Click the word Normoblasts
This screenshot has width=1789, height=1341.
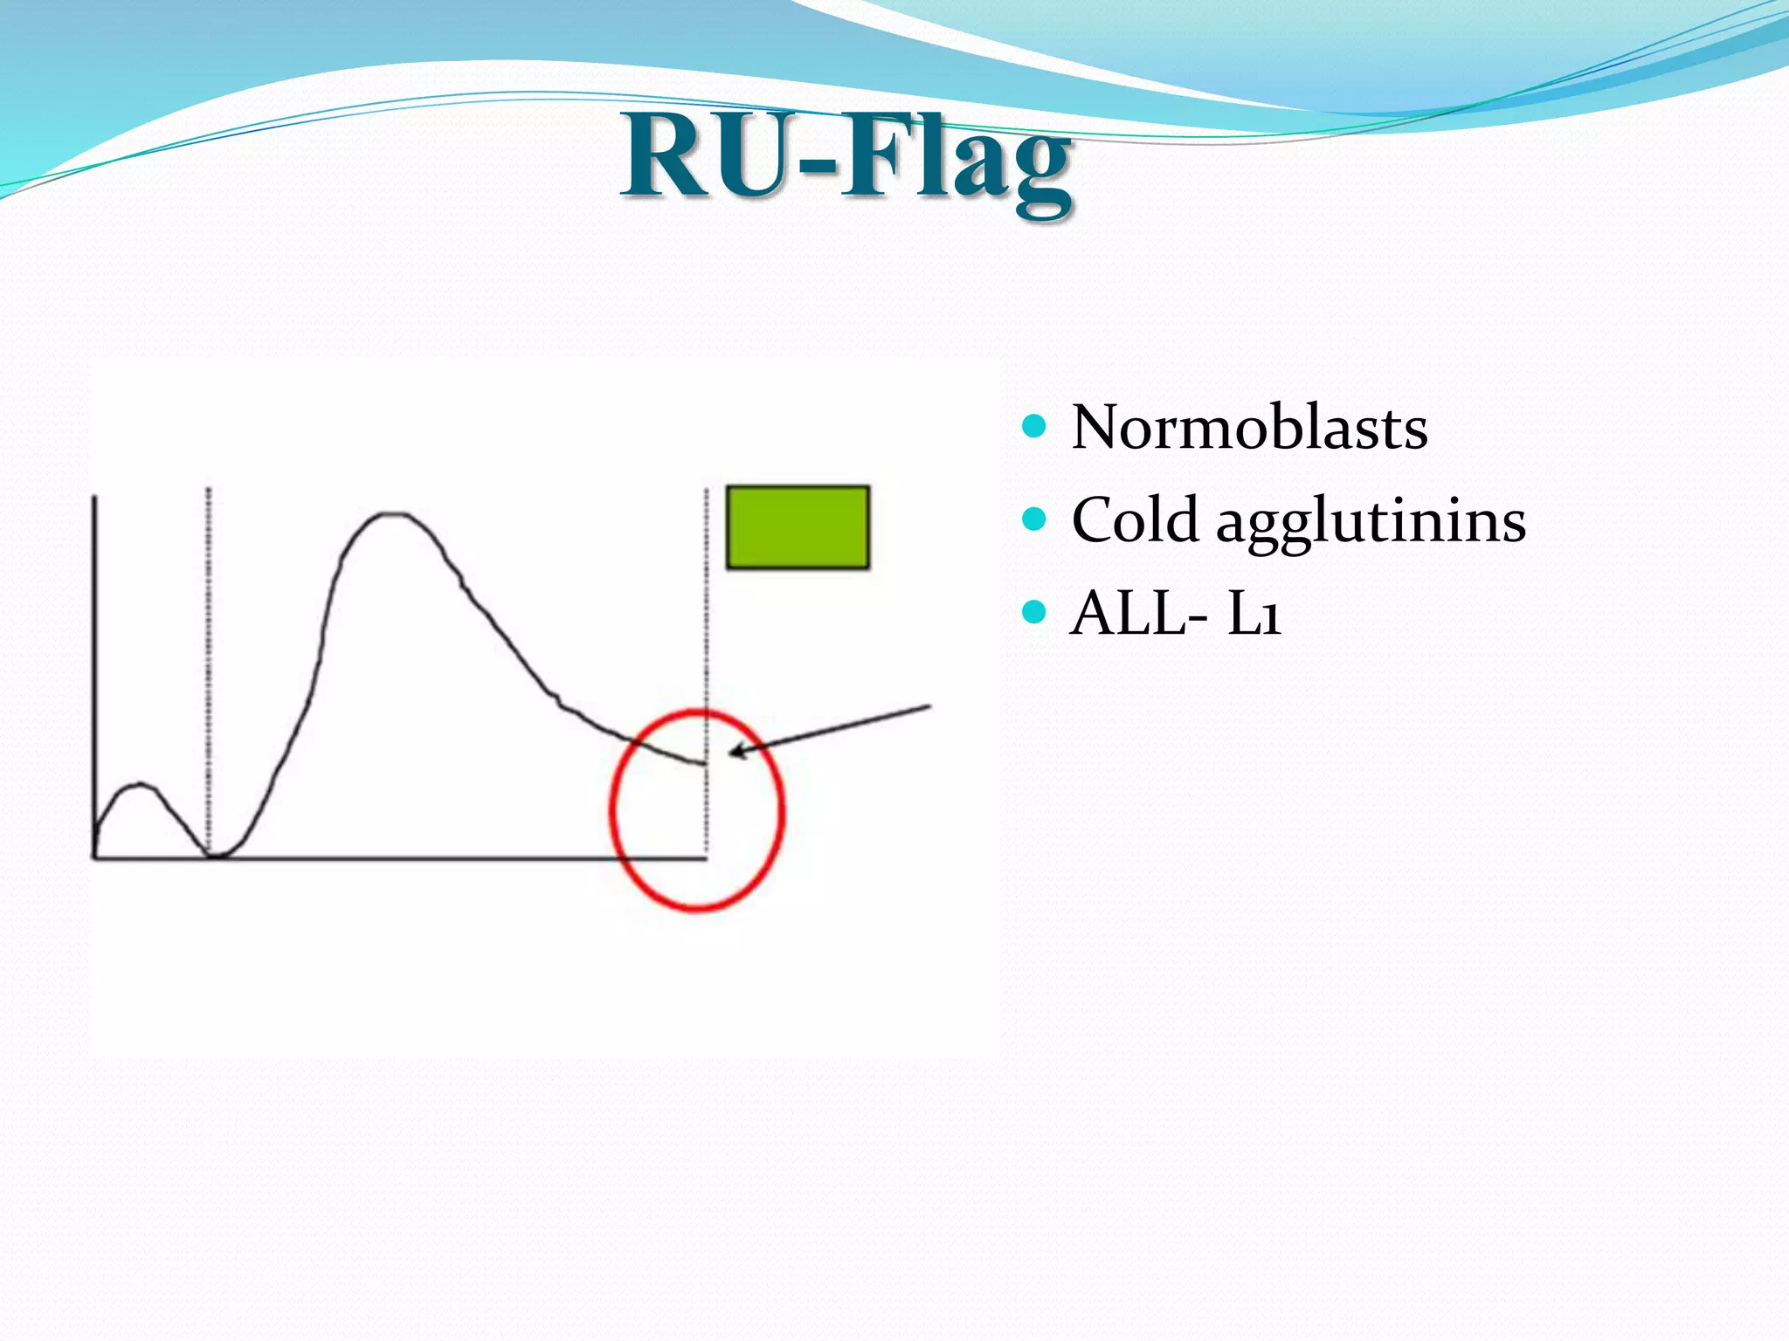(1249, 428)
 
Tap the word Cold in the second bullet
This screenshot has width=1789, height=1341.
(1134, 520)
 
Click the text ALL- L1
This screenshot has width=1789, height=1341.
(1176, 613)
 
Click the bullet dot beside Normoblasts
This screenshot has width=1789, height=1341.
(1033, 426)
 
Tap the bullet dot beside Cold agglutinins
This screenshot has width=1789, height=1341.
(1033, 519)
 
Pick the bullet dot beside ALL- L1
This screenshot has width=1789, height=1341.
(1033, 612)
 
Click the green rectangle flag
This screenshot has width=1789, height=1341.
(798, 527)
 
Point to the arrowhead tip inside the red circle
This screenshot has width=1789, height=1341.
(731, 753)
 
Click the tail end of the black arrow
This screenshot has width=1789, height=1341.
(930, 705)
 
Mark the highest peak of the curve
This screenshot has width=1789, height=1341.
(390, 514)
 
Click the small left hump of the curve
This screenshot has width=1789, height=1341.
(140, 786)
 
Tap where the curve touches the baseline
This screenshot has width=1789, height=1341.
(215, 856)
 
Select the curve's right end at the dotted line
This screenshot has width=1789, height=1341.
(704, 764)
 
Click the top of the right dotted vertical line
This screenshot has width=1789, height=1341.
(706, 491)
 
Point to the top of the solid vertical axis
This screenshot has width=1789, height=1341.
(94, 498)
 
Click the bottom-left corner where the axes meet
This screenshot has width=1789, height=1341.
(94, 857)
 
